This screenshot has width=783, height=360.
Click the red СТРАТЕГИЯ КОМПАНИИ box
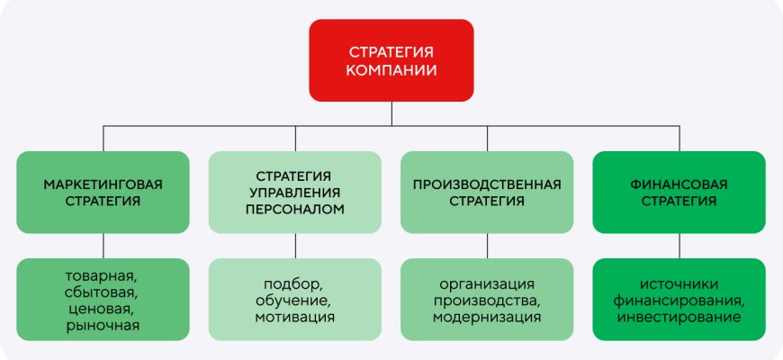pyautogui.click(x=391, y=59)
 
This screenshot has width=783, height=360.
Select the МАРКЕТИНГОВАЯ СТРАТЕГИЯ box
pyautogui.click(x=103, y=193)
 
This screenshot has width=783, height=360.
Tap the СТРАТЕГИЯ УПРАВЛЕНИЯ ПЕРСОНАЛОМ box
pyautogui.click(x=294, y=193)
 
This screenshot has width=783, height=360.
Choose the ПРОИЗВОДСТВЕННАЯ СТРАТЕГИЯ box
pyautogui.click(x=487, y=193)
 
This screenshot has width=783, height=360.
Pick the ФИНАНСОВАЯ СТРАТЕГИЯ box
pyautogui.click(x=679, y=193)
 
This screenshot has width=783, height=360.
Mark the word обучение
pyautogui.click(x=294, y=300)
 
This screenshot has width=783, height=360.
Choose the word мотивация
pyautogui.click(x=294, y=317)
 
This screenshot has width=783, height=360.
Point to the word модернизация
pyautogui.click(x=487, y=317)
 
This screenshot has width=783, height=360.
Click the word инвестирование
pyautogui.click(x=679, y=317)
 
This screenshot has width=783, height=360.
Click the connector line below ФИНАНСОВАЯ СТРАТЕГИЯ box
pyautogui.click(x=679, y=246)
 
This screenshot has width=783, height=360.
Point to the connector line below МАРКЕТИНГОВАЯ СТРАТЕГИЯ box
pyautogui.click(x=103, y=246)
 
